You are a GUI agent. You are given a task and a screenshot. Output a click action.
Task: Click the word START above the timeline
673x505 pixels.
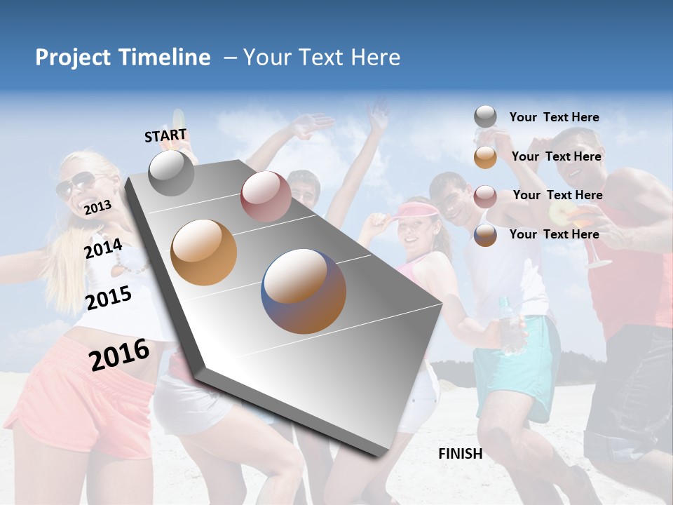tap(165, 135)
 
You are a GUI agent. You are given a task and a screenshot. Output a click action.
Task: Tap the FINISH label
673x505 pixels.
tap(461, 454)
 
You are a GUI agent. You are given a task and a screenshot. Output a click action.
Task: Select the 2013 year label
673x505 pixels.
tap(97, 207)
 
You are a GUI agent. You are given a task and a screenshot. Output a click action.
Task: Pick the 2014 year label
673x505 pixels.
tap(104, 248)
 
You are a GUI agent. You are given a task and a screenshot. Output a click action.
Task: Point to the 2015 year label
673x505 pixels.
tap(109, 298)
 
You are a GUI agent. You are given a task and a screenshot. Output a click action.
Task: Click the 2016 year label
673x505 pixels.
tap(119, 354)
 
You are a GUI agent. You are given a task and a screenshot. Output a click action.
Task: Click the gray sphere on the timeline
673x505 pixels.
tap(172, 173)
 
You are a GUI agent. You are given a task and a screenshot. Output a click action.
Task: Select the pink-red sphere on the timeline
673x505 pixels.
tap(266, 196)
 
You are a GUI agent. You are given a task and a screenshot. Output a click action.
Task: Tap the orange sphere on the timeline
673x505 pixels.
tap(204, 252)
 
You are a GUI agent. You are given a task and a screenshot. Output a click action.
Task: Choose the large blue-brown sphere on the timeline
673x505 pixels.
tap(304, 291)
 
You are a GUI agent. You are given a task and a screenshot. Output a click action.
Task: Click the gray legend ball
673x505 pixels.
tap(485, 117)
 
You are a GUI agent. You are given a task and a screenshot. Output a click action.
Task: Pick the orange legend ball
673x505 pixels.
tap(485, 157)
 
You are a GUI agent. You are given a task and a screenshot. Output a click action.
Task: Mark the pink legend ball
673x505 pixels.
tap(485, 196)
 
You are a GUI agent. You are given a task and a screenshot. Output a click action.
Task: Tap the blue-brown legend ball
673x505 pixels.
tap(485, 235)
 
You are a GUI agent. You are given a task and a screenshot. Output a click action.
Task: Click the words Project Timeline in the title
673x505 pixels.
tap(123, 58)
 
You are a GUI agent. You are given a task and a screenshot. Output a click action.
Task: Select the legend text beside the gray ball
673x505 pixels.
tap(554, 118)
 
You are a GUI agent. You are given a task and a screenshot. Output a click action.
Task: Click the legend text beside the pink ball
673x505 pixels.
tap(557, 195)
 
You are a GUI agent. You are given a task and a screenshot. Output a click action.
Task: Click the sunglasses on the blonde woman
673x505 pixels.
tap(75, 184)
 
